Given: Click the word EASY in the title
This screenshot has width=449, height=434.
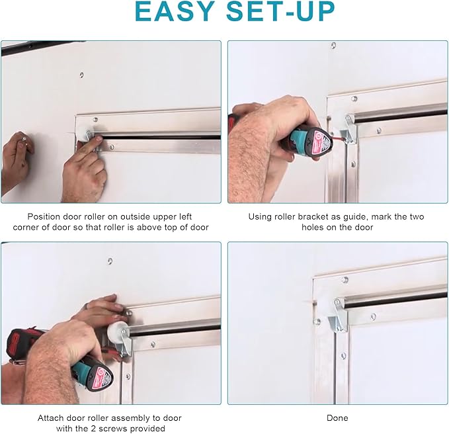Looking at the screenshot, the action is [x=175, y=11].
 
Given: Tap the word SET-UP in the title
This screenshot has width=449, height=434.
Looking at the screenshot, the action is [x=280, y=11].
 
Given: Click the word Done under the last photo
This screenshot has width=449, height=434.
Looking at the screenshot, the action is [x=337, y=417].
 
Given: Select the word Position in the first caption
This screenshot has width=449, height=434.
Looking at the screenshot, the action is [x=44, y=216].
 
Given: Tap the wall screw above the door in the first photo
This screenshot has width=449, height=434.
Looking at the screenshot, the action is [x=81, y=75].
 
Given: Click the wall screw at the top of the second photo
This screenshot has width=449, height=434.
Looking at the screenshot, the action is [x=333, y=45].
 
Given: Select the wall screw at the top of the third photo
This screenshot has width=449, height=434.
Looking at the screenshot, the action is [x=110, y=261].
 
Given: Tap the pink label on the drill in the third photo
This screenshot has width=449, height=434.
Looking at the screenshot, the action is [x=102, y=377].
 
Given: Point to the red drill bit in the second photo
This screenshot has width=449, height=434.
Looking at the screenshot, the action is [x=337, y=137].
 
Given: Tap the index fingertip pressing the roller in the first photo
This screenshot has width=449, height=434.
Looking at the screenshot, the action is [x=99, y=139].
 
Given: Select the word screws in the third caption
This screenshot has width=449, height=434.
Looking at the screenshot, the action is [x=145, y=429].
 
